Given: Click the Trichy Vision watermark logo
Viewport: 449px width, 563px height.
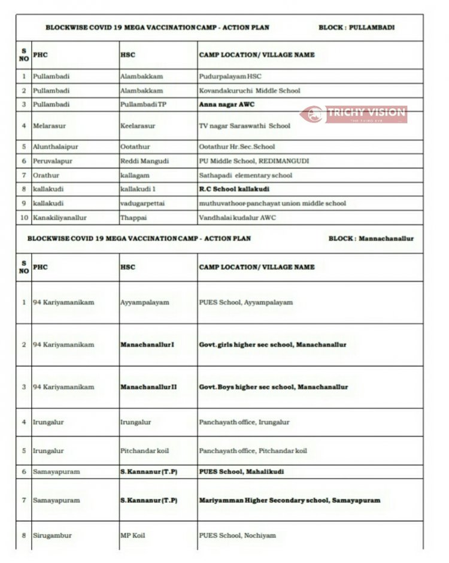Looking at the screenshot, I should [x=354, y=114].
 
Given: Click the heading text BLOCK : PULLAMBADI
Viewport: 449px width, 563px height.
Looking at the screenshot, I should [x=356, y=28].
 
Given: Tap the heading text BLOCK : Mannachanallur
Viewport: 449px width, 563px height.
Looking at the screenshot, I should [x=371, y=238].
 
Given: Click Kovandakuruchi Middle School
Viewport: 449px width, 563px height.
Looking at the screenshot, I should [x=250, y=90].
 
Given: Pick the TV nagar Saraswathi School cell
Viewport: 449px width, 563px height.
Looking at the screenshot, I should [x=244, y=126].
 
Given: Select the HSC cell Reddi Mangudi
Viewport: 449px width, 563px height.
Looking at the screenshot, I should [x=144, y=161].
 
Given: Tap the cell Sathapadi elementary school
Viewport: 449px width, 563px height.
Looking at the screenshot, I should [x=245, y=175].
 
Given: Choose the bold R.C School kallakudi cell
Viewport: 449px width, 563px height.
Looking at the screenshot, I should [x=234, y=189].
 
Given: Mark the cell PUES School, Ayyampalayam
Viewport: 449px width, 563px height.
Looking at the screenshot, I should [x=245, y=302].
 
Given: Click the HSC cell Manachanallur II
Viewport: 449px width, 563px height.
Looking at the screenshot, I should [x=148, y=387].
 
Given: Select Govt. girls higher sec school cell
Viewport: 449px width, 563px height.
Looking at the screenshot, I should [x=272, y=345].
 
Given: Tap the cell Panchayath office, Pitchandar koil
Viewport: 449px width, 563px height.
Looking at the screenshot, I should [x=253, y=451].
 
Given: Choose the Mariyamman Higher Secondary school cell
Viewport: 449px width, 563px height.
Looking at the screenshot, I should [x=289, y=500].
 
